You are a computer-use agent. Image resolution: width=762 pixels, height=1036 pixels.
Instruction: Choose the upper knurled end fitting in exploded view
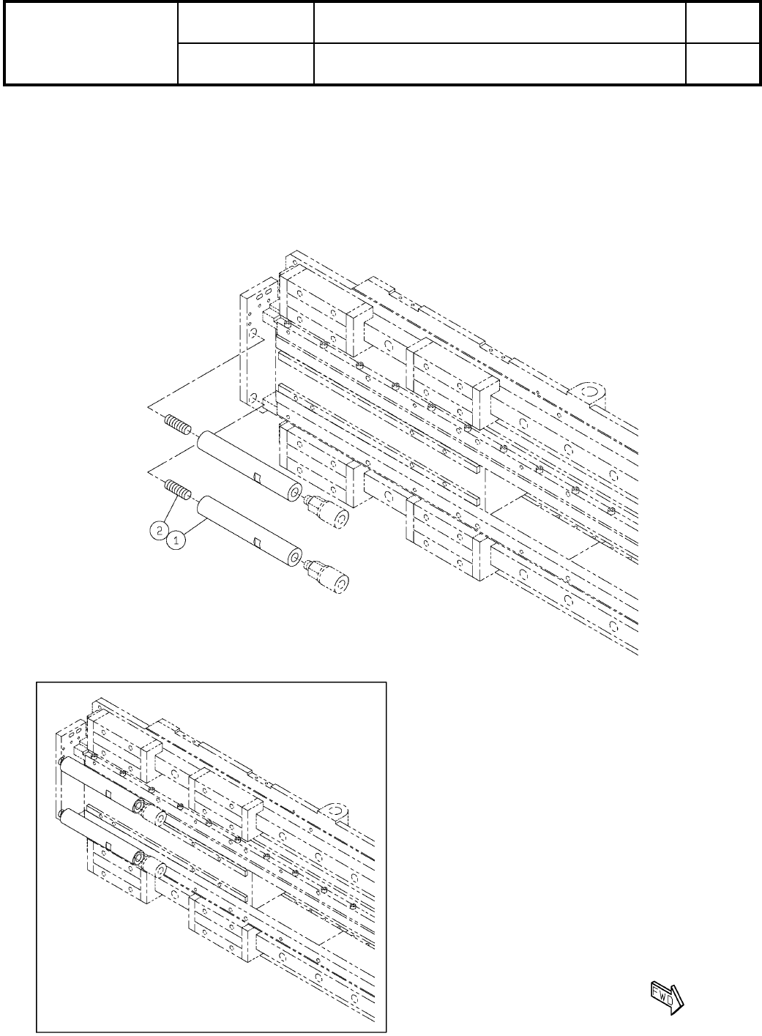(x=328, y=510)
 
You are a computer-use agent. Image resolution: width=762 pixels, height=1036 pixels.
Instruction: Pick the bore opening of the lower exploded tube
(x=294, y=559)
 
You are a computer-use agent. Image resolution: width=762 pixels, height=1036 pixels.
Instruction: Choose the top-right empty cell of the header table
(x=721, y=22)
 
